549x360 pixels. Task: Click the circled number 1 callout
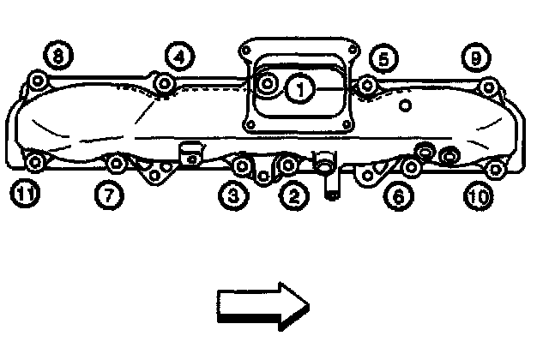[x=299, y=87]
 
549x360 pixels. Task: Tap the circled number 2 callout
[x=294, y=196]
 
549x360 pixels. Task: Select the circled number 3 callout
[x=233, y=196]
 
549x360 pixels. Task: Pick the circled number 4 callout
[x=178, y=57]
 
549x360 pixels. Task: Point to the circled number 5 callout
[x=383, y=58]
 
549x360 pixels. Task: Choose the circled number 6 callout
[x=396, y=196]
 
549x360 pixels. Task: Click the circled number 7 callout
[x=108, y=196]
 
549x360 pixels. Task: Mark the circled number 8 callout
[x=58, y=57]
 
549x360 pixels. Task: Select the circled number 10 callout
[x=478, y=196]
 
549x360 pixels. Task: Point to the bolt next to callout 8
[x=38, y=81]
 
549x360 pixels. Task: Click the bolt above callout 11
[x=34, y=163]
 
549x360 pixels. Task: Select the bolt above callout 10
[x=493, y=166]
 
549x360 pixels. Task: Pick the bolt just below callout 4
[x=165, y=83]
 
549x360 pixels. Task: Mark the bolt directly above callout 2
[x=288, y=164]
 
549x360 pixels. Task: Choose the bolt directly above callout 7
[x=118, y=162]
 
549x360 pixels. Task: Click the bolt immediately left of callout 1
[x=268, y=84]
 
